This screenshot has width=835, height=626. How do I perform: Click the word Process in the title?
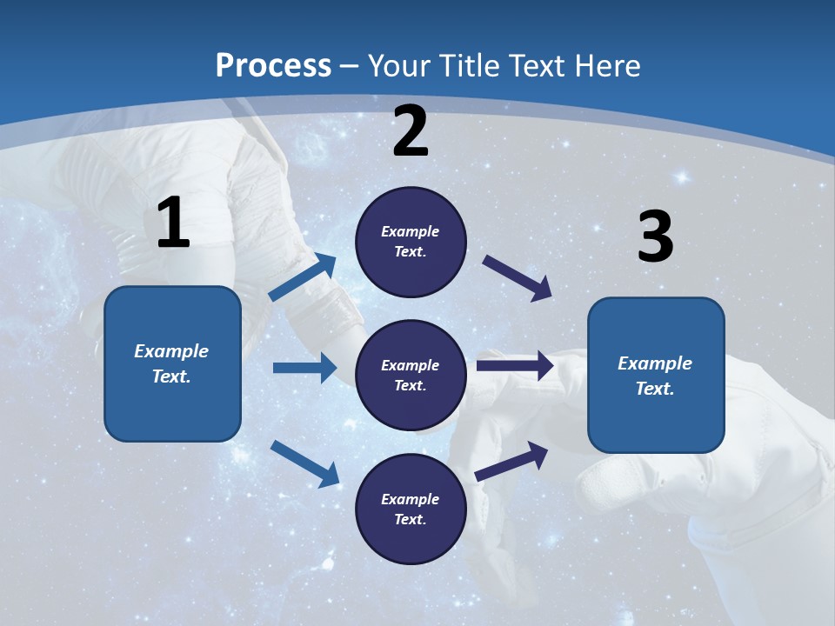[273, 66]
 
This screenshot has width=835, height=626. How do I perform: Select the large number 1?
[173, 223]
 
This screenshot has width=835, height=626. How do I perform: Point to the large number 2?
[411, 131]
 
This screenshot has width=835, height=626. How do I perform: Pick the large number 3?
[656, 236]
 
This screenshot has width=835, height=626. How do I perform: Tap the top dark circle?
[411, 242]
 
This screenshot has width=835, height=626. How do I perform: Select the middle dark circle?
[411, 375]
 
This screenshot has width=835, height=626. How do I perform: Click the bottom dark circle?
[411, 509]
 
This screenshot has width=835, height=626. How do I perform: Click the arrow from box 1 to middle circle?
[304, 368]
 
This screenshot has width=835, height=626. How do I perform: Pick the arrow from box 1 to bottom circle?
[304, 463]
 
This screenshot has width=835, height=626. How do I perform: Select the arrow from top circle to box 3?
[518, 278]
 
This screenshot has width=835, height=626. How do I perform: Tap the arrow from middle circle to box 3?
[515, 365]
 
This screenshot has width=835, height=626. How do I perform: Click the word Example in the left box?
[171, 351]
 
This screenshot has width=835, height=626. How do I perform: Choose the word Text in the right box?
[653, 389]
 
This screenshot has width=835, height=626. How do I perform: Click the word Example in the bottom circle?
[411, 499]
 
